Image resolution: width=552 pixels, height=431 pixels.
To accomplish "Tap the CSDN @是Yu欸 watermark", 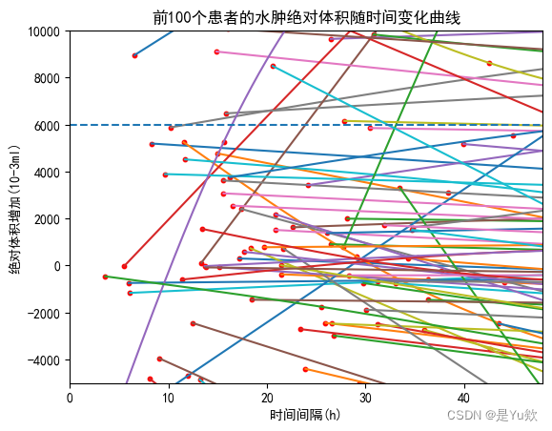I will (492, 416).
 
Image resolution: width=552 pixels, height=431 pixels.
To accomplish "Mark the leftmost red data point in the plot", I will (105, 277).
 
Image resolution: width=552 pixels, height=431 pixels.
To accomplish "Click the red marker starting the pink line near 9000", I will (217, 51).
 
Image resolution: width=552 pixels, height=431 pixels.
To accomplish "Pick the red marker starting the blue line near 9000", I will (134, 55).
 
